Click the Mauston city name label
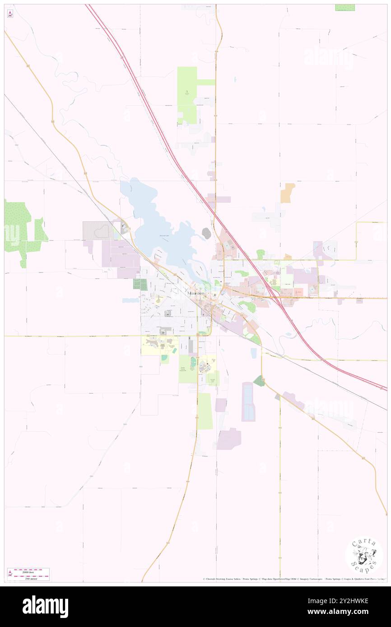(196, 293)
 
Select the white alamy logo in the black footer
(45, 606)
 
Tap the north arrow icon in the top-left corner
(10, 14)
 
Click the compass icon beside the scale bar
(9, 574)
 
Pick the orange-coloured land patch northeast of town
(288, 193)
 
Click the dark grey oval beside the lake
(206, 233)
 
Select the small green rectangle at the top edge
(345, 7)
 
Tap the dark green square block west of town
(140, 284)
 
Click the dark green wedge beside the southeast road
(259, 381)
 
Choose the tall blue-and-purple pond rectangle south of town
(248, 401)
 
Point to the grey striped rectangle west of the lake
(98, 230)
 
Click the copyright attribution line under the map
(293, 579)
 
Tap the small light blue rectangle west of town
(130, 300)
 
